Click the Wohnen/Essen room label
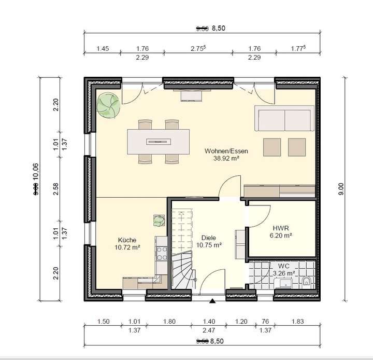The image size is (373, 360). pos(226,151)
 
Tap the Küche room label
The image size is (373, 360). pos(127,240)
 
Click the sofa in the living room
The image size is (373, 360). pos(284,118)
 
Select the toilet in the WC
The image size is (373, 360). pos(307,282)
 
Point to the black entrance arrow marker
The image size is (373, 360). pos(212,300)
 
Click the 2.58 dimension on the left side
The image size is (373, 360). pos(56,189)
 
